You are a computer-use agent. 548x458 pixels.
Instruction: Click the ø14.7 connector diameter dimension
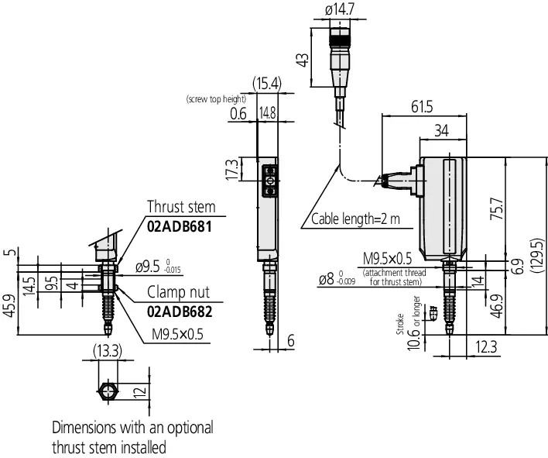339,9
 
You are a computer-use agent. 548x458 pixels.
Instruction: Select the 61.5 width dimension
422,107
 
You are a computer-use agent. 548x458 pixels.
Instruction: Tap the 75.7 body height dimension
496,209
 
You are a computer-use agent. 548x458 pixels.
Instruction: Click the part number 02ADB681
180,227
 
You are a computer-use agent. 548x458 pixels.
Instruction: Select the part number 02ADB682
180,312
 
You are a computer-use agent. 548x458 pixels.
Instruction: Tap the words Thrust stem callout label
181,206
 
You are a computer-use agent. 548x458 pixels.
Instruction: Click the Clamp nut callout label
178,292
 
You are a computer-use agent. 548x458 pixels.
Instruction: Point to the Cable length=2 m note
355,219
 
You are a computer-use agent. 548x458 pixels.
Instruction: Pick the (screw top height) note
216,99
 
